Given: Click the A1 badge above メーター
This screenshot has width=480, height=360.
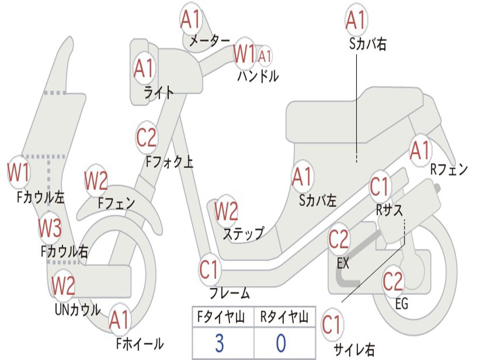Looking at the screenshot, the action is (x=191, y=20).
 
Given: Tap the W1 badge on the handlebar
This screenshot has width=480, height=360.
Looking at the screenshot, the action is (x=245, y=53).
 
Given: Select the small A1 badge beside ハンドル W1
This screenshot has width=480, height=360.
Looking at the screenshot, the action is (x=265, y=56).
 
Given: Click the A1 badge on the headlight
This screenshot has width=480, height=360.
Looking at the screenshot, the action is (x=143, y=68).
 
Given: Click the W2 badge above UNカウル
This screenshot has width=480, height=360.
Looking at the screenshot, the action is (x=63, y=285).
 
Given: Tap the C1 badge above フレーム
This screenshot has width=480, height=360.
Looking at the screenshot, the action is (x=210, y=270).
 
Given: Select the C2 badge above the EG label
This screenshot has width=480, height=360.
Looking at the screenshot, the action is (x=393, y=281).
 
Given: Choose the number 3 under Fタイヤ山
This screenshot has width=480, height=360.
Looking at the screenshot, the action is (x=219, y=343).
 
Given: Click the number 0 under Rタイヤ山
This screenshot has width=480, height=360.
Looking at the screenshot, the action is (x=281, y=343).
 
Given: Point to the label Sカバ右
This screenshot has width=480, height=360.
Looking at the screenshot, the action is (x=368, y=44).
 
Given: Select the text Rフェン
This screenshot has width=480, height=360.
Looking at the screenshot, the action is (x=449, y=170).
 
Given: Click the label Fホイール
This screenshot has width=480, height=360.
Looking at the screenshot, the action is (x=140, y=344).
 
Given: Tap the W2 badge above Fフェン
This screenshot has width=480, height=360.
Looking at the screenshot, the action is (x=96, y=180).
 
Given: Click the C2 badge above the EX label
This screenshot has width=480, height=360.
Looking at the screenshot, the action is (x=338, y=239).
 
